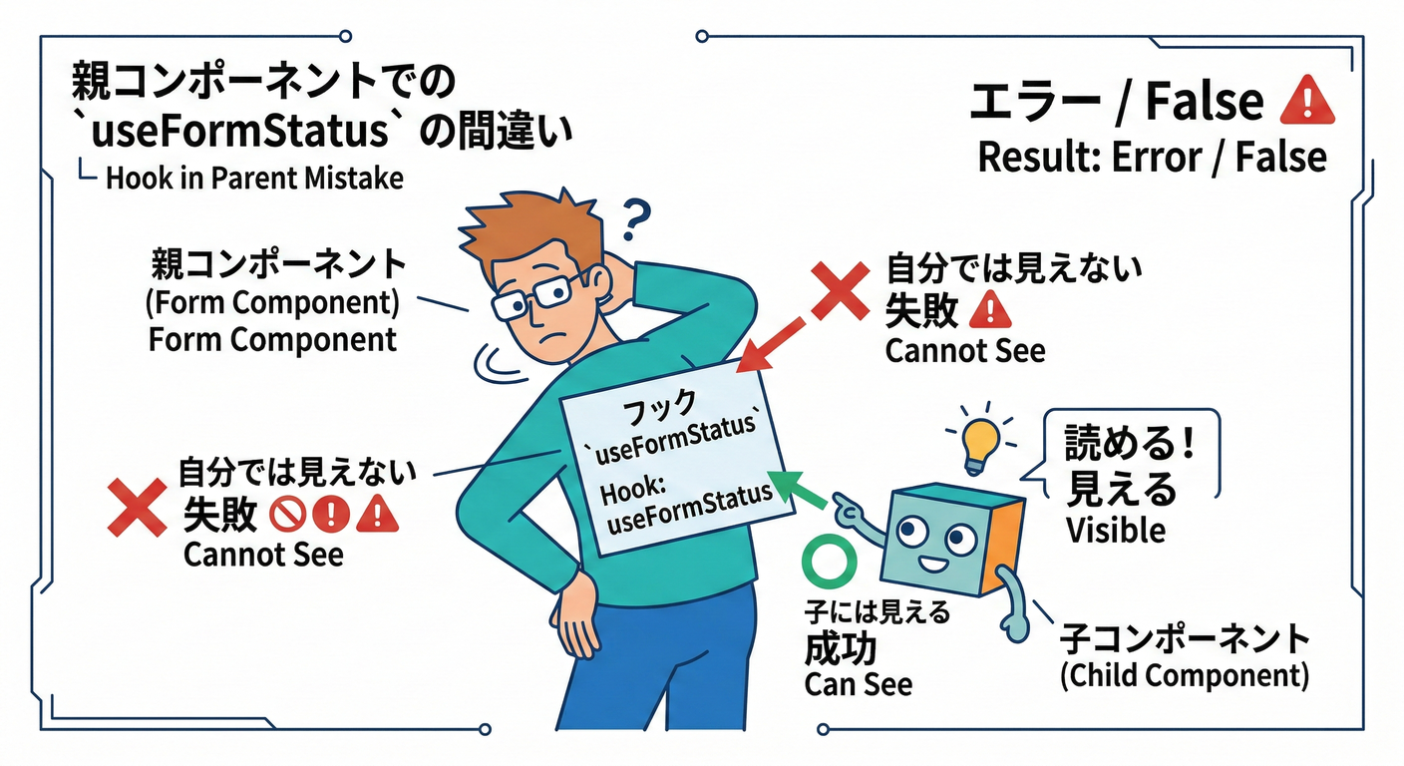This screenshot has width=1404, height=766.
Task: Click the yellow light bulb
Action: [981, 443]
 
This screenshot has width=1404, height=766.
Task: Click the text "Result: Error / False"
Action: [1152, 157]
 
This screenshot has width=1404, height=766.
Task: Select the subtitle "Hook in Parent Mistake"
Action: [254, 179]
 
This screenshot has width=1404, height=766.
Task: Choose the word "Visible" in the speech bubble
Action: [1115, 530]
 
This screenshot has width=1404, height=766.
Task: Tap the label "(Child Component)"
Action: [1183, 675]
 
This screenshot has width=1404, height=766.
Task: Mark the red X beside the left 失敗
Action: [136, 507]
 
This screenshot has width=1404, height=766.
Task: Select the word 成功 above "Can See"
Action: [840, 648]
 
